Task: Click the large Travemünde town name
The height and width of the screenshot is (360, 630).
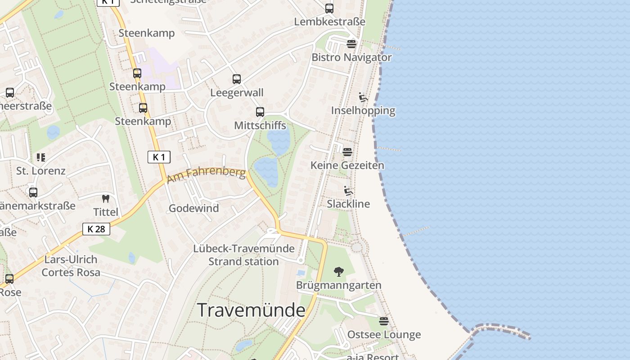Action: (251, 310)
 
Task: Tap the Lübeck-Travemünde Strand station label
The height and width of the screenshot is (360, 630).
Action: (244, 255)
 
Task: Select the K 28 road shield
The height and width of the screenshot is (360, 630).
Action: (96, 229)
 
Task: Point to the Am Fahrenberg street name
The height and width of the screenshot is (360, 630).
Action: (207, 175)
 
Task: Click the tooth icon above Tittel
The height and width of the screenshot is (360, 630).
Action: (106, 198)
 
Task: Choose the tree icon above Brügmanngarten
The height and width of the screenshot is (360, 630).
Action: (339, 272)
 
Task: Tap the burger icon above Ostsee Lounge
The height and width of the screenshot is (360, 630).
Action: (383, 321)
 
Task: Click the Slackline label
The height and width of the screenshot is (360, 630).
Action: (348, 204)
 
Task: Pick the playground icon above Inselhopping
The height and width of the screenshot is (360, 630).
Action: (363, 97)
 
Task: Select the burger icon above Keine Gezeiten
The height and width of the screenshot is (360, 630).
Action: (347, 152)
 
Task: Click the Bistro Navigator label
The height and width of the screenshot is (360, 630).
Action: (351, 58)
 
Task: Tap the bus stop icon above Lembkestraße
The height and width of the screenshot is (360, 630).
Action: (329, 9)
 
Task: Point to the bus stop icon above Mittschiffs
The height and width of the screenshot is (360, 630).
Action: (260, 112)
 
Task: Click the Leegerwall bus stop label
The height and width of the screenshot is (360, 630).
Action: (237, 93)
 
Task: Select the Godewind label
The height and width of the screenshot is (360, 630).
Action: (193, 208)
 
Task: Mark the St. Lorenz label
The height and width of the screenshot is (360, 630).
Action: (41, 171)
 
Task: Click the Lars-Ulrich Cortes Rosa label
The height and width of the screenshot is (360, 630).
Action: (71, 266)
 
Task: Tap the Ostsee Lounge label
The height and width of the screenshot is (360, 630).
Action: (384, 335)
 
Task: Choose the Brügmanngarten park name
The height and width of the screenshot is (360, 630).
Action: (339, 285)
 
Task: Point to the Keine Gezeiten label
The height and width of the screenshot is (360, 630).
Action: (347, 166)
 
